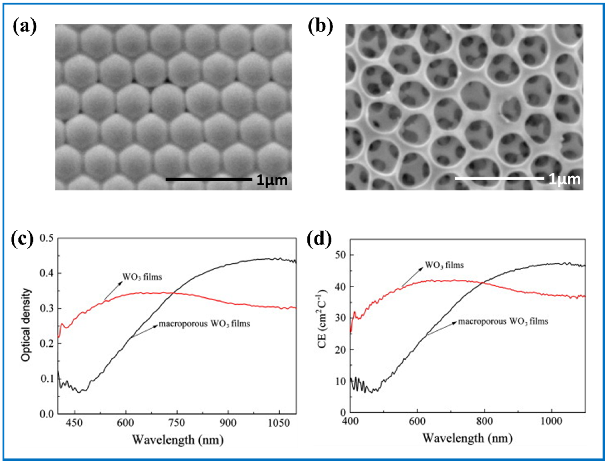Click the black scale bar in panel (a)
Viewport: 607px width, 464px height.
tap(209, 179)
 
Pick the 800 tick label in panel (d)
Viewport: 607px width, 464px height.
tap(485, 421)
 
